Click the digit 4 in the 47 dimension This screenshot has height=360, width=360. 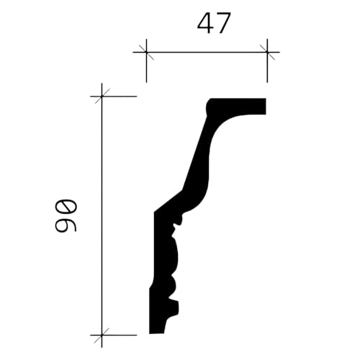(205, 23)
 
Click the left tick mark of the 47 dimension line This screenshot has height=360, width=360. (146, 52)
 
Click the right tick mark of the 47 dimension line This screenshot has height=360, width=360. (267, 52)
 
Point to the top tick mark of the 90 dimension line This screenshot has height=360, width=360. (102, 96)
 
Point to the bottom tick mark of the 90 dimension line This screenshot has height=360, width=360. (102, 335)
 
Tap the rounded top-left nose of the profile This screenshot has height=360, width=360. (210, 106)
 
